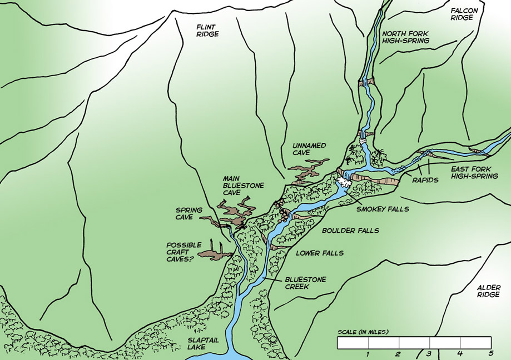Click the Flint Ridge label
(208, 30)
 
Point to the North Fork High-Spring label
(405, 37)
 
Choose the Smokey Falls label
(383, 209)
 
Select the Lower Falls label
(319, 253)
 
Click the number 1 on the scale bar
(368, 354)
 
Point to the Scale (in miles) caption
(363, 332)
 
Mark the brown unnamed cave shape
(309, 170)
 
